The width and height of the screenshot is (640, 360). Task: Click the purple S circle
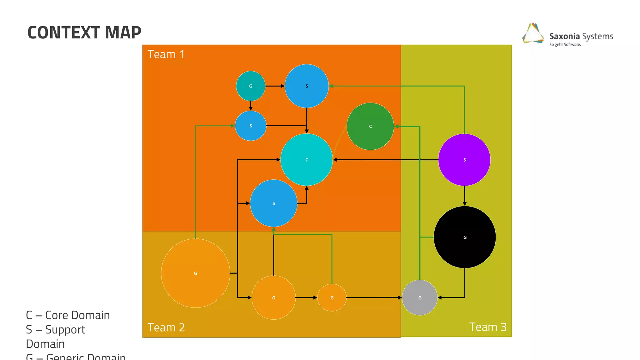[x=464, y=160]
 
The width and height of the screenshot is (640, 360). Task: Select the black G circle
[x=465, y=237]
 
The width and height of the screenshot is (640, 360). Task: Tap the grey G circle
[x=420, y=297]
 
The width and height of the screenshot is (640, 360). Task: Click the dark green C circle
[x=370, y=126]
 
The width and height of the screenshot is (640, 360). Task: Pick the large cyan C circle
[x=307, y=160]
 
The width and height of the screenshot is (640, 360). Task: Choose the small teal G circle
[x=251, y=86]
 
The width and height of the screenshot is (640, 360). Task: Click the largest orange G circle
[x=195, y=273]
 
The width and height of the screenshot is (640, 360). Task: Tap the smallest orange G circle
[x=332, y=297]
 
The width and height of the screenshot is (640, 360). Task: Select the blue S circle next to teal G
[x=307, y=86]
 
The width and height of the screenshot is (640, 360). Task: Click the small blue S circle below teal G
[x=251, y=126]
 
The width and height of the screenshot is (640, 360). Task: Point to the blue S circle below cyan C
[x=273, y=203]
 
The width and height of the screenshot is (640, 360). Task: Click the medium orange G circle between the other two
[x=273, y=297]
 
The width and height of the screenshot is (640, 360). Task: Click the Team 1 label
[x=166, y=54]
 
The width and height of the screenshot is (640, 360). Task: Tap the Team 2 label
[x=166, y=327]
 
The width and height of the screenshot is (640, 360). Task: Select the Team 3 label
[x=488, y=327]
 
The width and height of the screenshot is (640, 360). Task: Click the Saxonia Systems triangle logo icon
[x=533, y=33]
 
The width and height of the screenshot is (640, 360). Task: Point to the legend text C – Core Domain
[x=68, y=315]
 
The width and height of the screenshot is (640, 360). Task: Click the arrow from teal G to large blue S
[x=274, y=86]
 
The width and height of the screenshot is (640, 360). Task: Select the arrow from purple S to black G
[x=464, y=196]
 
